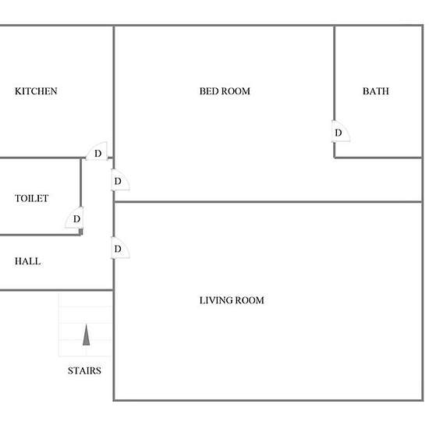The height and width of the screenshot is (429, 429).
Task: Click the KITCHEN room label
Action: pyautogui.click(x=36, y=91)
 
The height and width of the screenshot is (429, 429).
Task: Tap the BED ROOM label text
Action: pyautogui.click(x=225, y=91)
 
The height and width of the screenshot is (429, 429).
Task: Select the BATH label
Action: pyautogui.click(x=376, y=91)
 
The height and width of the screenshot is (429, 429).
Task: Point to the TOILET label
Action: pyautogui.click(x=32, y=198)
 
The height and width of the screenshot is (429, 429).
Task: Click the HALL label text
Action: pyautogui.click(x=27, y=261)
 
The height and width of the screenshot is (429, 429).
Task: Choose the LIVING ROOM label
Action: pyautogui.click(x=232, y=300)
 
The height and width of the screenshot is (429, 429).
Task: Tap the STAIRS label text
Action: pyautogui.click(x=84, y=370)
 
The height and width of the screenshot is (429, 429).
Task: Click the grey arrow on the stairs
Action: pyautogui.click(x=86, y=335)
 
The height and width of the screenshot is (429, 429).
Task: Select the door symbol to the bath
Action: pyautogui.click(x=341, y=131)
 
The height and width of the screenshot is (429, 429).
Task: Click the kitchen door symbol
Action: pyautogui.click(x=97, y=151)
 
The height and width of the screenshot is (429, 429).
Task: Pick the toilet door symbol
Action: pyautogui.click(x=74, y=218)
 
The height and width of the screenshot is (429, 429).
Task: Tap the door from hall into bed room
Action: pyautogui.click(x=120, y=179)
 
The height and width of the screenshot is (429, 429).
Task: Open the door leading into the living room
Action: pyautogui.click(x=120, y=248)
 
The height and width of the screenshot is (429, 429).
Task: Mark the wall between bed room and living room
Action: pyautogui.click(x=268, y=202)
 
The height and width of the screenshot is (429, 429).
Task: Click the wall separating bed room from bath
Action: pyautogui.click(x=334, y=73)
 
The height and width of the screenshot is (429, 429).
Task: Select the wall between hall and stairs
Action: pyautogui.click(x=57, y=290)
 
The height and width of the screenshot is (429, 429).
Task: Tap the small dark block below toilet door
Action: pyautogui.click(x=80, y=232)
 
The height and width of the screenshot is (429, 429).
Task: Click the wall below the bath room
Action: pyautogui.click(x=378, y=158)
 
